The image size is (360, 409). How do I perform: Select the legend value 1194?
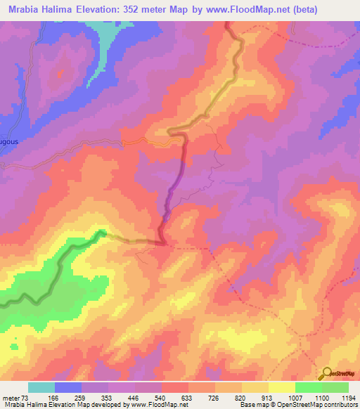[x=340, y=398]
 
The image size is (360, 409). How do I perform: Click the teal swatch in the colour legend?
[x=41, y=387]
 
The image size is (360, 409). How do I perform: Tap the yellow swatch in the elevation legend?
[x=255, y=387]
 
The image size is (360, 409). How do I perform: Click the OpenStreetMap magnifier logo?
[x=327, y=373]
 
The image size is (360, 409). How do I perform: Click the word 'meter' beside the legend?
[x=13, y=398]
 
